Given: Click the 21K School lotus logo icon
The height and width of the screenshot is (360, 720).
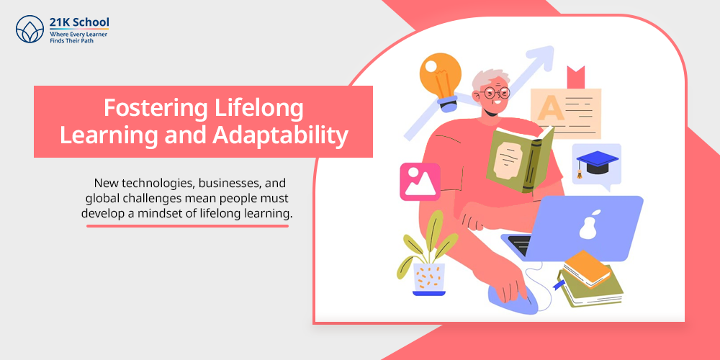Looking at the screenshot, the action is pyautogui.click(x=30, y=29).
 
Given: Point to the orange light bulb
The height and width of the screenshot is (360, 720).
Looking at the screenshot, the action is pyautogui.click(x=441, y=81).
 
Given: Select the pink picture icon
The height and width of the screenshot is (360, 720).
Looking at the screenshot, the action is pyautogui.click(x=420, y=182).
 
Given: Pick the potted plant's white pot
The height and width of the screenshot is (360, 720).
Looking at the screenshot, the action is pyautogui.click(x=429, y=279).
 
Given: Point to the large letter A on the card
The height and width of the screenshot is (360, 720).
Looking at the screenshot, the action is pyautogui.click(x=550, y=109).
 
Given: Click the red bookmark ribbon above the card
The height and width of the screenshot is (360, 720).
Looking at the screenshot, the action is pyautogui.click(x=575, y=77).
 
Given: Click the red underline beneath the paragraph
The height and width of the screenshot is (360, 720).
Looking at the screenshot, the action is pyautogui.click(x=187, y=226).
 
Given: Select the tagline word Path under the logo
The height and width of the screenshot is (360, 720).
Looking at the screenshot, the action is pyautogui.click(x=87, y=40).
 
